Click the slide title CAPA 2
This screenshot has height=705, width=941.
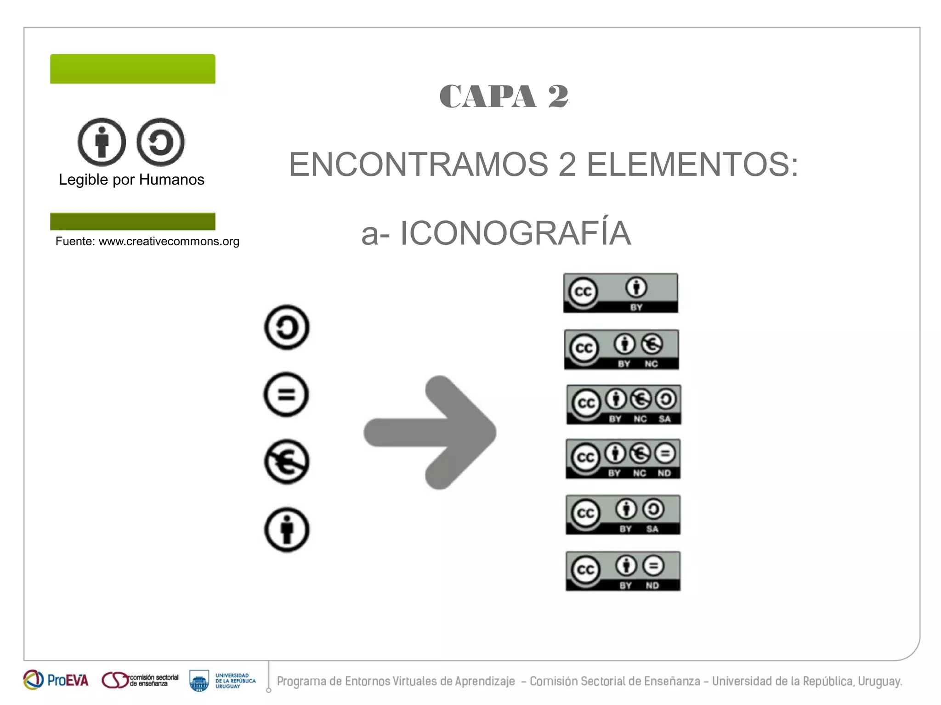click(x=504, y=96)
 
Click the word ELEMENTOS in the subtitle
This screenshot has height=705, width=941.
click(x=692, y=164)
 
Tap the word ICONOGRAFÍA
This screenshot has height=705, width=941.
click(x=515, y=233)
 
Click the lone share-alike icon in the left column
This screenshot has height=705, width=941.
click(x=287, y=327)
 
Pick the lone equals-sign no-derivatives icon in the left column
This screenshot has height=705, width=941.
click(x=286, y=395)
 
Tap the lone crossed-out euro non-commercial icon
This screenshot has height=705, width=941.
click(x=287, y=462)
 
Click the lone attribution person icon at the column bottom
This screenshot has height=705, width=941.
click(x=287, y=530)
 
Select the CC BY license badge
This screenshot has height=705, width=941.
click(x=621, y=293)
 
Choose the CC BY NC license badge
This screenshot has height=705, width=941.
click(x=621, y=350)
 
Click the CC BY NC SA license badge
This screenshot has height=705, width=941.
click(x=624, y=405)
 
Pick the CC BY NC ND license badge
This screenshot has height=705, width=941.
click(x=623, y=459)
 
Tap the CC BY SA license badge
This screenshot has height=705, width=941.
click(x=623, y=514)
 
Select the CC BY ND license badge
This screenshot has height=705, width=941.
click(x=623, y=571)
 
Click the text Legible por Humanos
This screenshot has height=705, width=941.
click(x=131, y=180)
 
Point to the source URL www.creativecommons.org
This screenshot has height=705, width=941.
click(x=169, y=242)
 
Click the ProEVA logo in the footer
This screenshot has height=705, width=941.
click(x=56, y=680)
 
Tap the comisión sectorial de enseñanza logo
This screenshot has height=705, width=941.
click(x=140, y=680)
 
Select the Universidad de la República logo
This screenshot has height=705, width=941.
click(x=222, y=681)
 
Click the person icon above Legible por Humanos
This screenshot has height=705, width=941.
click(x=102, y=142)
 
